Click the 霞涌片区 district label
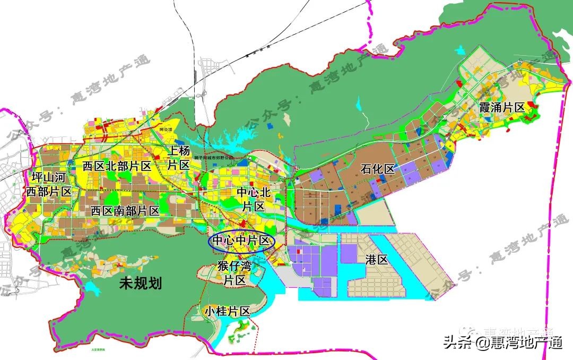pos(501,107)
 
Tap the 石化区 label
pos(378,169)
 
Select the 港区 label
pos(377,260)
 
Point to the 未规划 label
pos(140,283)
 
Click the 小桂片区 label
pos(228,312)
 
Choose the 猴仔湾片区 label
pos(235,272)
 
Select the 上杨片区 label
pos(179,158)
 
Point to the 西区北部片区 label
pos(117,166)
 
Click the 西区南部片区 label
pos(125,210)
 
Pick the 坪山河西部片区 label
pos(49,184)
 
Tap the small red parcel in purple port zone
pos(298,251)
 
